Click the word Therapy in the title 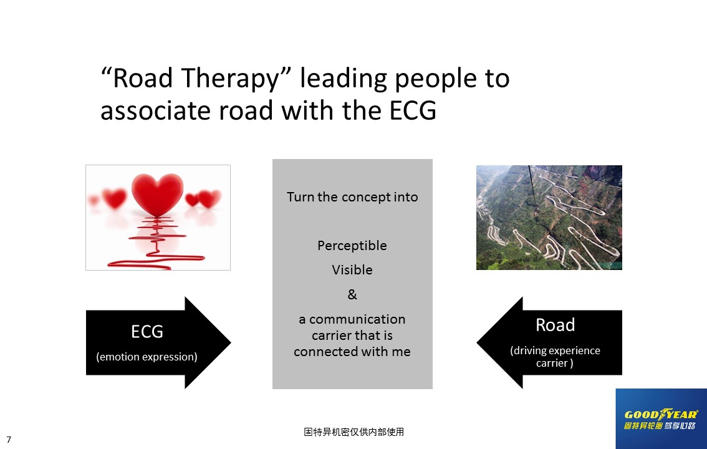pyautogui.click(x=231, y=79)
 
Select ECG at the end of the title pyautogui.click(x=413, y=110)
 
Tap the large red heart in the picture pyautogui.click(x=157, y=195)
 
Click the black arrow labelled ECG pyautogui.click(x=158, y=342)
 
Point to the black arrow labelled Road pyautogui.click(x=549, y=342)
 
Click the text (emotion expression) pyautogui.click(x=147, y=357)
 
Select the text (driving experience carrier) pyautogui.click(x=555, y=357)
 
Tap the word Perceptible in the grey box pyautogui.click(x=352, y=246)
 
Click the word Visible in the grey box pyautogui.click(x=352, y=269)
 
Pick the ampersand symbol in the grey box pyautogui.click(x=352, y=294)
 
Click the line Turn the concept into pyautogui.click(x=352, y=197)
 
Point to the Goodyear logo pyautogui.click(x=661, y=419)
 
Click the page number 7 pyautogui.click(x=9, y=440)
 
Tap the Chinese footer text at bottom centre pyautogui.click(x=353, y=432)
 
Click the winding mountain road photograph pyautogui.click(x=549, y=217)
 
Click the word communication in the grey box pyautogui.click(x=357, y=319)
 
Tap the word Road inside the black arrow pyautogui.click(x=555, y=325)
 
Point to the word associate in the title pyautogui.click(x=156, y=110)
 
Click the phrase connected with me pyautogui.click(x=352, y=352)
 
